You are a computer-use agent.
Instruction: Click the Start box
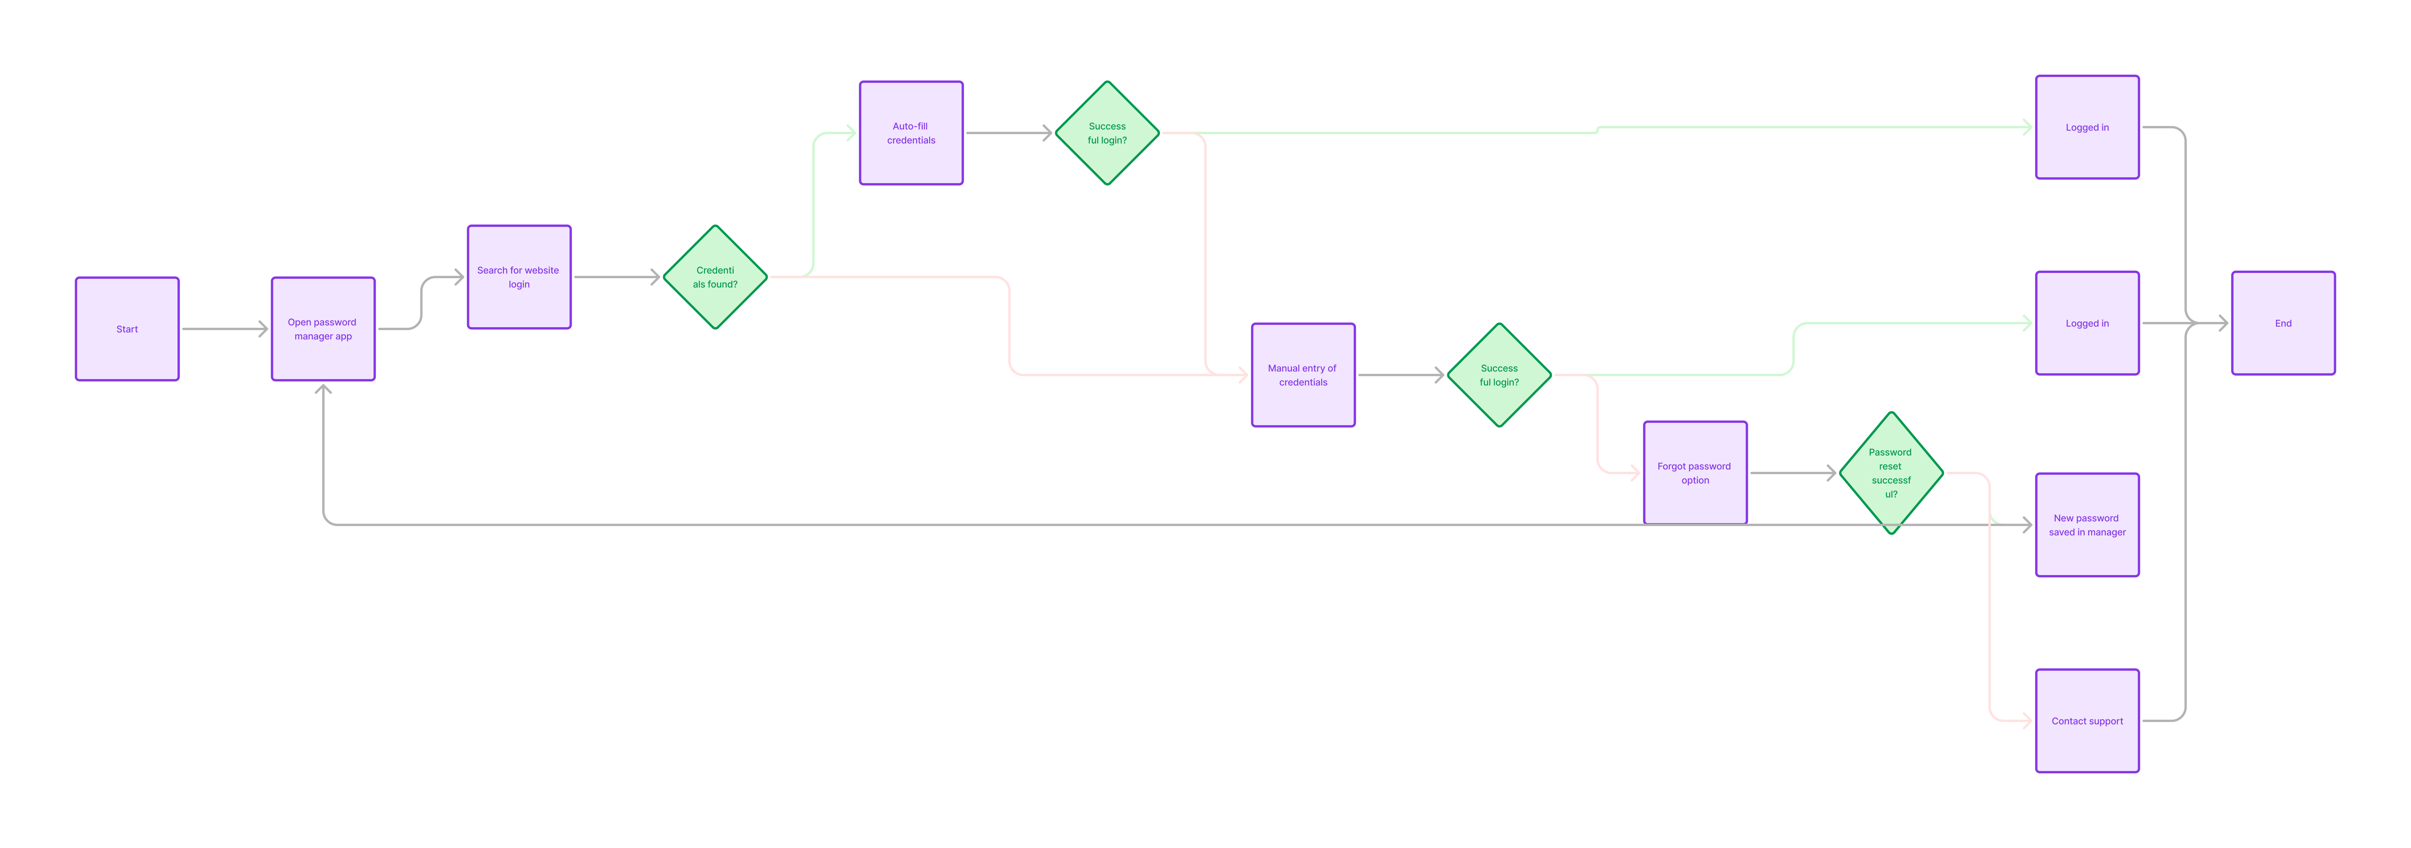pyautogui.click(x=127, y=329)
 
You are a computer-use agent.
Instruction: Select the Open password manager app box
pyautogui.click(x=323, y=329)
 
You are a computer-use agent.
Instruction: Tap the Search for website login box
pyautogui.click(x=518, y=277)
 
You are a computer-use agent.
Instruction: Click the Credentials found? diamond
pyautogui.click(x=715, y=277)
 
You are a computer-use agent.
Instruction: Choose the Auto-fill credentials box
pyautogui.click(x=911, y=133)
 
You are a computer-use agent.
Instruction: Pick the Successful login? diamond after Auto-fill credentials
pyautogui.click(x=1107, y=133)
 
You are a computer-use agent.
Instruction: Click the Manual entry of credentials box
pyautogui.click(x=1303, y=375)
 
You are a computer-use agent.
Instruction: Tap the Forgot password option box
pyautogui.click(x=1695, y=473)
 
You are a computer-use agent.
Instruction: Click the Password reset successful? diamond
pyautogui.click(x=1891, y=473)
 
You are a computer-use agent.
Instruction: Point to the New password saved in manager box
pyautogui.click(x=2087, y=525)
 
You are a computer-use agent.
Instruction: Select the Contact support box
pyautogui.click(x=2087, y=721)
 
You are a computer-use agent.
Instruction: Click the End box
pyautogui.click(x=2283, y=323)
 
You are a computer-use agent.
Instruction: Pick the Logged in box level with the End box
pyautogui.click(x=2087, y=323)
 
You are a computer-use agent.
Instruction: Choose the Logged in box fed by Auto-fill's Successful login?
pyautogui.click(x=2087, y=127)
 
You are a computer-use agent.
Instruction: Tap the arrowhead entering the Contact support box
pyautogui.click(x=2027, y=721)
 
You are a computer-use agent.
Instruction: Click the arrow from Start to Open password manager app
pyautogui.click(x=225, y=329)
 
